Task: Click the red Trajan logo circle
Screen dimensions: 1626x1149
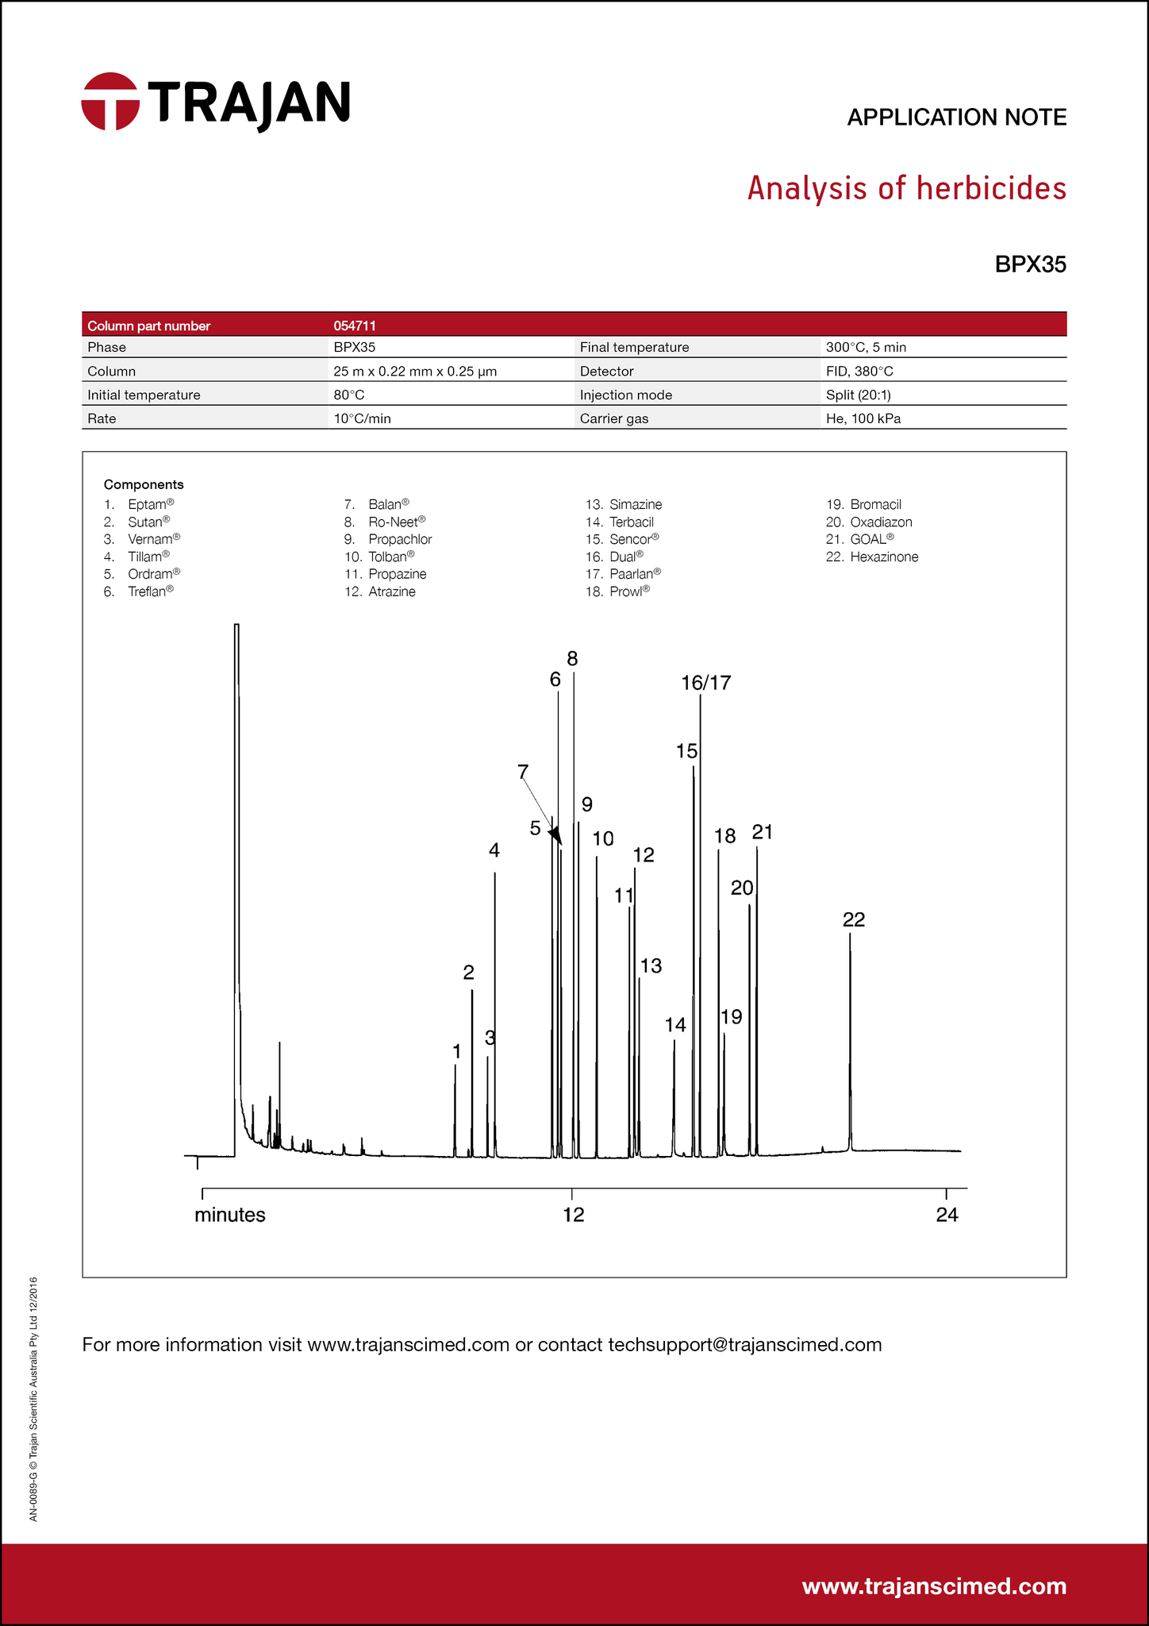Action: point(110,102)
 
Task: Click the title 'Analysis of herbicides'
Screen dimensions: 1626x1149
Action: point(906,189)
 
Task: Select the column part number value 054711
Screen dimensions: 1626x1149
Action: point(355,326)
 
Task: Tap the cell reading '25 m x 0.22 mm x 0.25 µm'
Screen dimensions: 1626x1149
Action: point(415,372)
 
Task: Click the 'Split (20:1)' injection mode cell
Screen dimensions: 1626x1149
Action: point(863,395)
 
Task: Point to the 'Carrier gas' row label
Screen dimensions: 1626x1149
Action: point(613,418)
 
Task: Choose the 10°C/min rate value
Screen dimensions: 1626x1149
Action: point(362,418)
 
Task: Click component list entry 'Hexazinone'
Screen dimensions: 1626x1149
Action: point(884,557)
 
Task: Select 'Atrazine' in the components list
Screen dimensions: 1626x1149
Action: point(392,591)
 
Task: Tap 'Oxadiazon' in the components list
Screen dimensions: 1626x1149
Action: point(881,522)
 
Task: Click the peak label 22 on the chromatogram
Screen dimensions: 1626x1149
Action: point(854,919)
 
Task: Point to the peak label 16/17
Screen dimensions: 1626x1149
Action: point(706,683)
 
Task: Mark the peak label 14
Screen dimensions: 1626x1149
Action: point(675,1025)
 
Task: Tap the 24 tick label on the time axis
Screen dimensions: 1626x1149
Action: point(947,1215)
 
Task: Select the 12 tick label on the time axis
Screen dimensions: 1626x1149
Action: point(574,1215)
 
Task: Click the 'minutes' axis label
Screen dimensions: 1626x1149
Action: point(230,1215)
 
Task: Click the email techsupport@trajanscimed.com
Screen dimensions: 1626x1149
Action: point(744,1344)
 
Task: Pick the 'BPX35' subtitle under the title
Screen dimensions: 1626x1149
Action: point(1030,264)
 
